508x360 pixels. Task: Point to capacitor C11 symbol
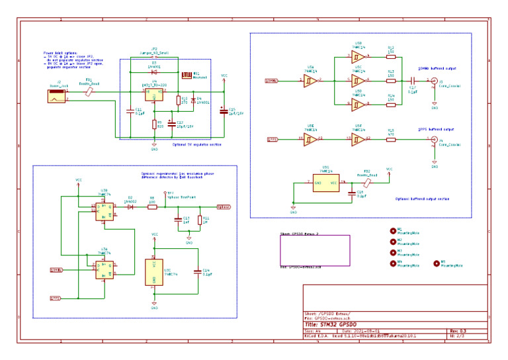(131, 111)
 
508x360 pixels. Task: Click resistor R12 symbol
(390, 56)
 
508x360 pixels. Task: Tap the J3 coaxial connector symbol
(433, 81)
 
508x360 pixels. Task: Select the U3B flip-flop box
(104, 210)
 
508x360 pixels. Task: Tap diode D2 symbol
(131, 207)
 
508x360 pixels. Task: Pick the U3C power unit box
(154, 272)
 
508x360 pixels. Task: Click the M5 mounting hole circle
(436, 263)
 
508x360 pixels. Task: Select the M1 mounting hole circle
(393, 231)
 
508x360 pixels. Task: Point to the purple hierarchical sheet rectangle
(314, 251)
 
